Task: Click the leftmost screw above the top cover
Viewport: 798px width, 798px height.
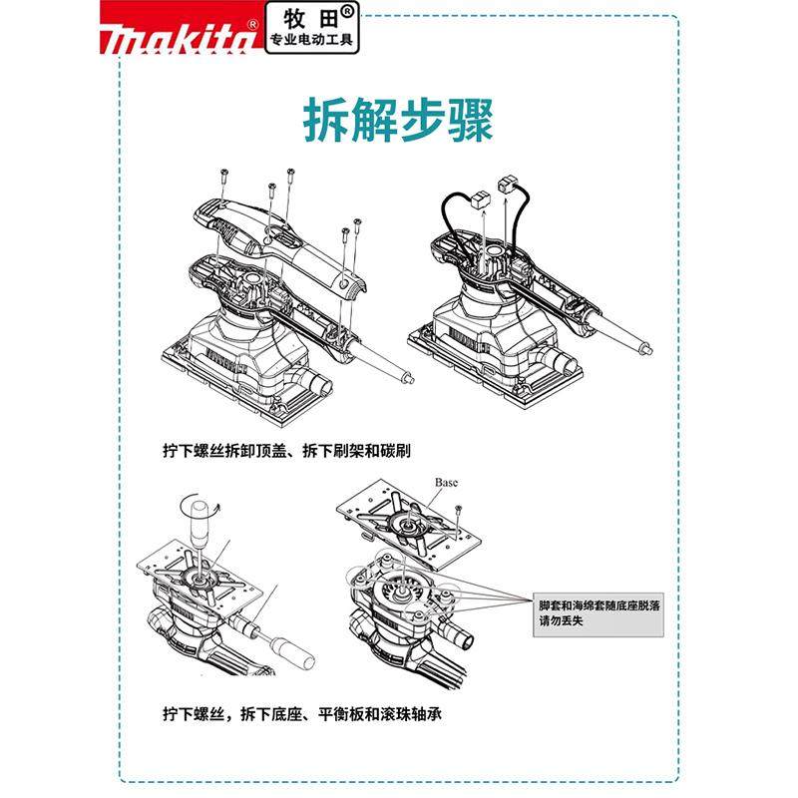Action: click(x=225, y=177)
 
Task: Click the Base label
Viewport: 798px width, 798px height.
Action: click(x=446, y=482)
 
